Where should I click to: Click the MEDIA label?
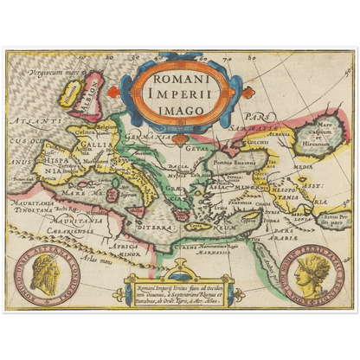305,167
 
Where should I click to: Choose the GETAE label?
196,148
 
